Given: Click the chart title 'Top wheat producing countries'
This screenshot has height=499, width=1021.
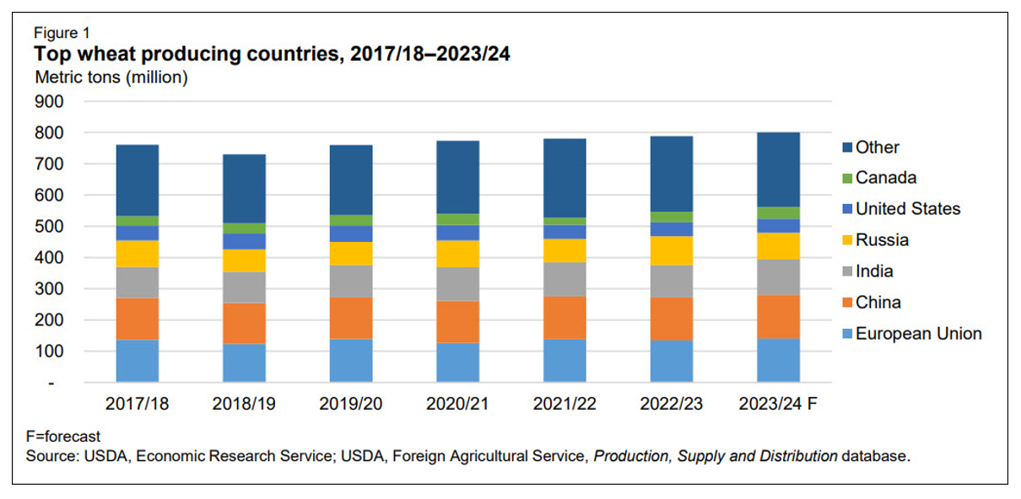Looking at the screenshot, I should (272, 55).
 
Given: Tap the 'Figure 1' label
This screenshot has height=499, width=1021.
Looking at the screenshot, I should (62, 34).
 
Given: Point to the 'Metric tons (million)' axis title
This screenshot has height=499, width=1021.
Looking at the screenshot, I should (111, 78).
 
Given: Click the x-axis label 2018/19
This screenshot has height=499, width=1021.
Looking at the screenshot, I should (244, 405).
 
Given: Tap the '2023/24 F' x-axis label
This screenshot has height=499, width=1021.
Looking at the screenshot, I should (778, 405).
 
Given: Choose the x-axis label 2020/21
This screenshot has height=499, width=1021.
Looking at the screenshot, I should (457, 405).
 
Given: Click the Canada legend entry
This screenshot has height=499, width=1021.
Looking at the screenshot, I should (885, 178).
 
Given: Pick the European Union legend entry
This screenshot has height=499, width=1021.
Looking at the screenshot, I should (918, 334).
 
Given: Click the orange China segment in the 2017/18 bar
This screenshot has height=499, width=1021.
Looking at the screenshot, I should (138, 319).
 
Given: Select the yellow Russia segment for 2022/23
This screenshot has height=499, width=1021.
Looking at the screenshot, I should (672, 250).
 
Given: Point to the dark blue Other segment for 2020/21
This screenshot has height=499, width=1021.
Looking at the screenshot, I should (458, 177).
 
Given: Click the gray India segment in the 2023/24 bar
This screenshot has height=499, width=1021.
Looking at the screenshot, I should (779, 276).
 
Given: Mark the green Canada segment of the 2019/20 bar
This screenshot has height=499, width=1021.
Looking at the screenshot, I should (351, 220).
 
